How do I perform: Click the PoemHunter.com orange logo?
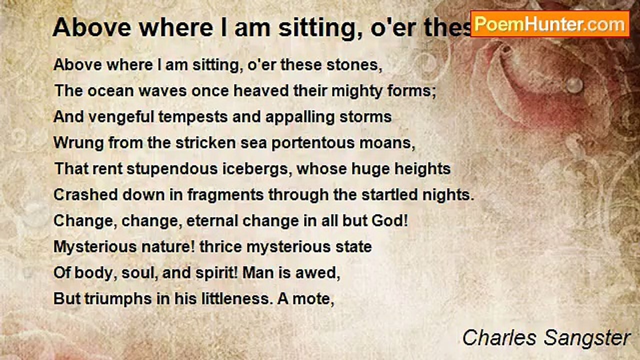(550, 24)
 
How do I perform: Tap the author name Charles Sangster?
(546, 338)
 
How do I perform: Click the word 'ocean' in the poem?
(111, 91)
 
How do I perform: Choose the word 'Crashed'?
(85, 195)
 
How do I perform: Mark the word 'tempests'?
(193, 117)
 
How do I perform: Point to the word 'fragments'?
(225, 195)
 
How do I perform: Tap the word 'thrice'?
(220, 247)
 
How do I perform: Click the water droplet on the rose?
(574, 84)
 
